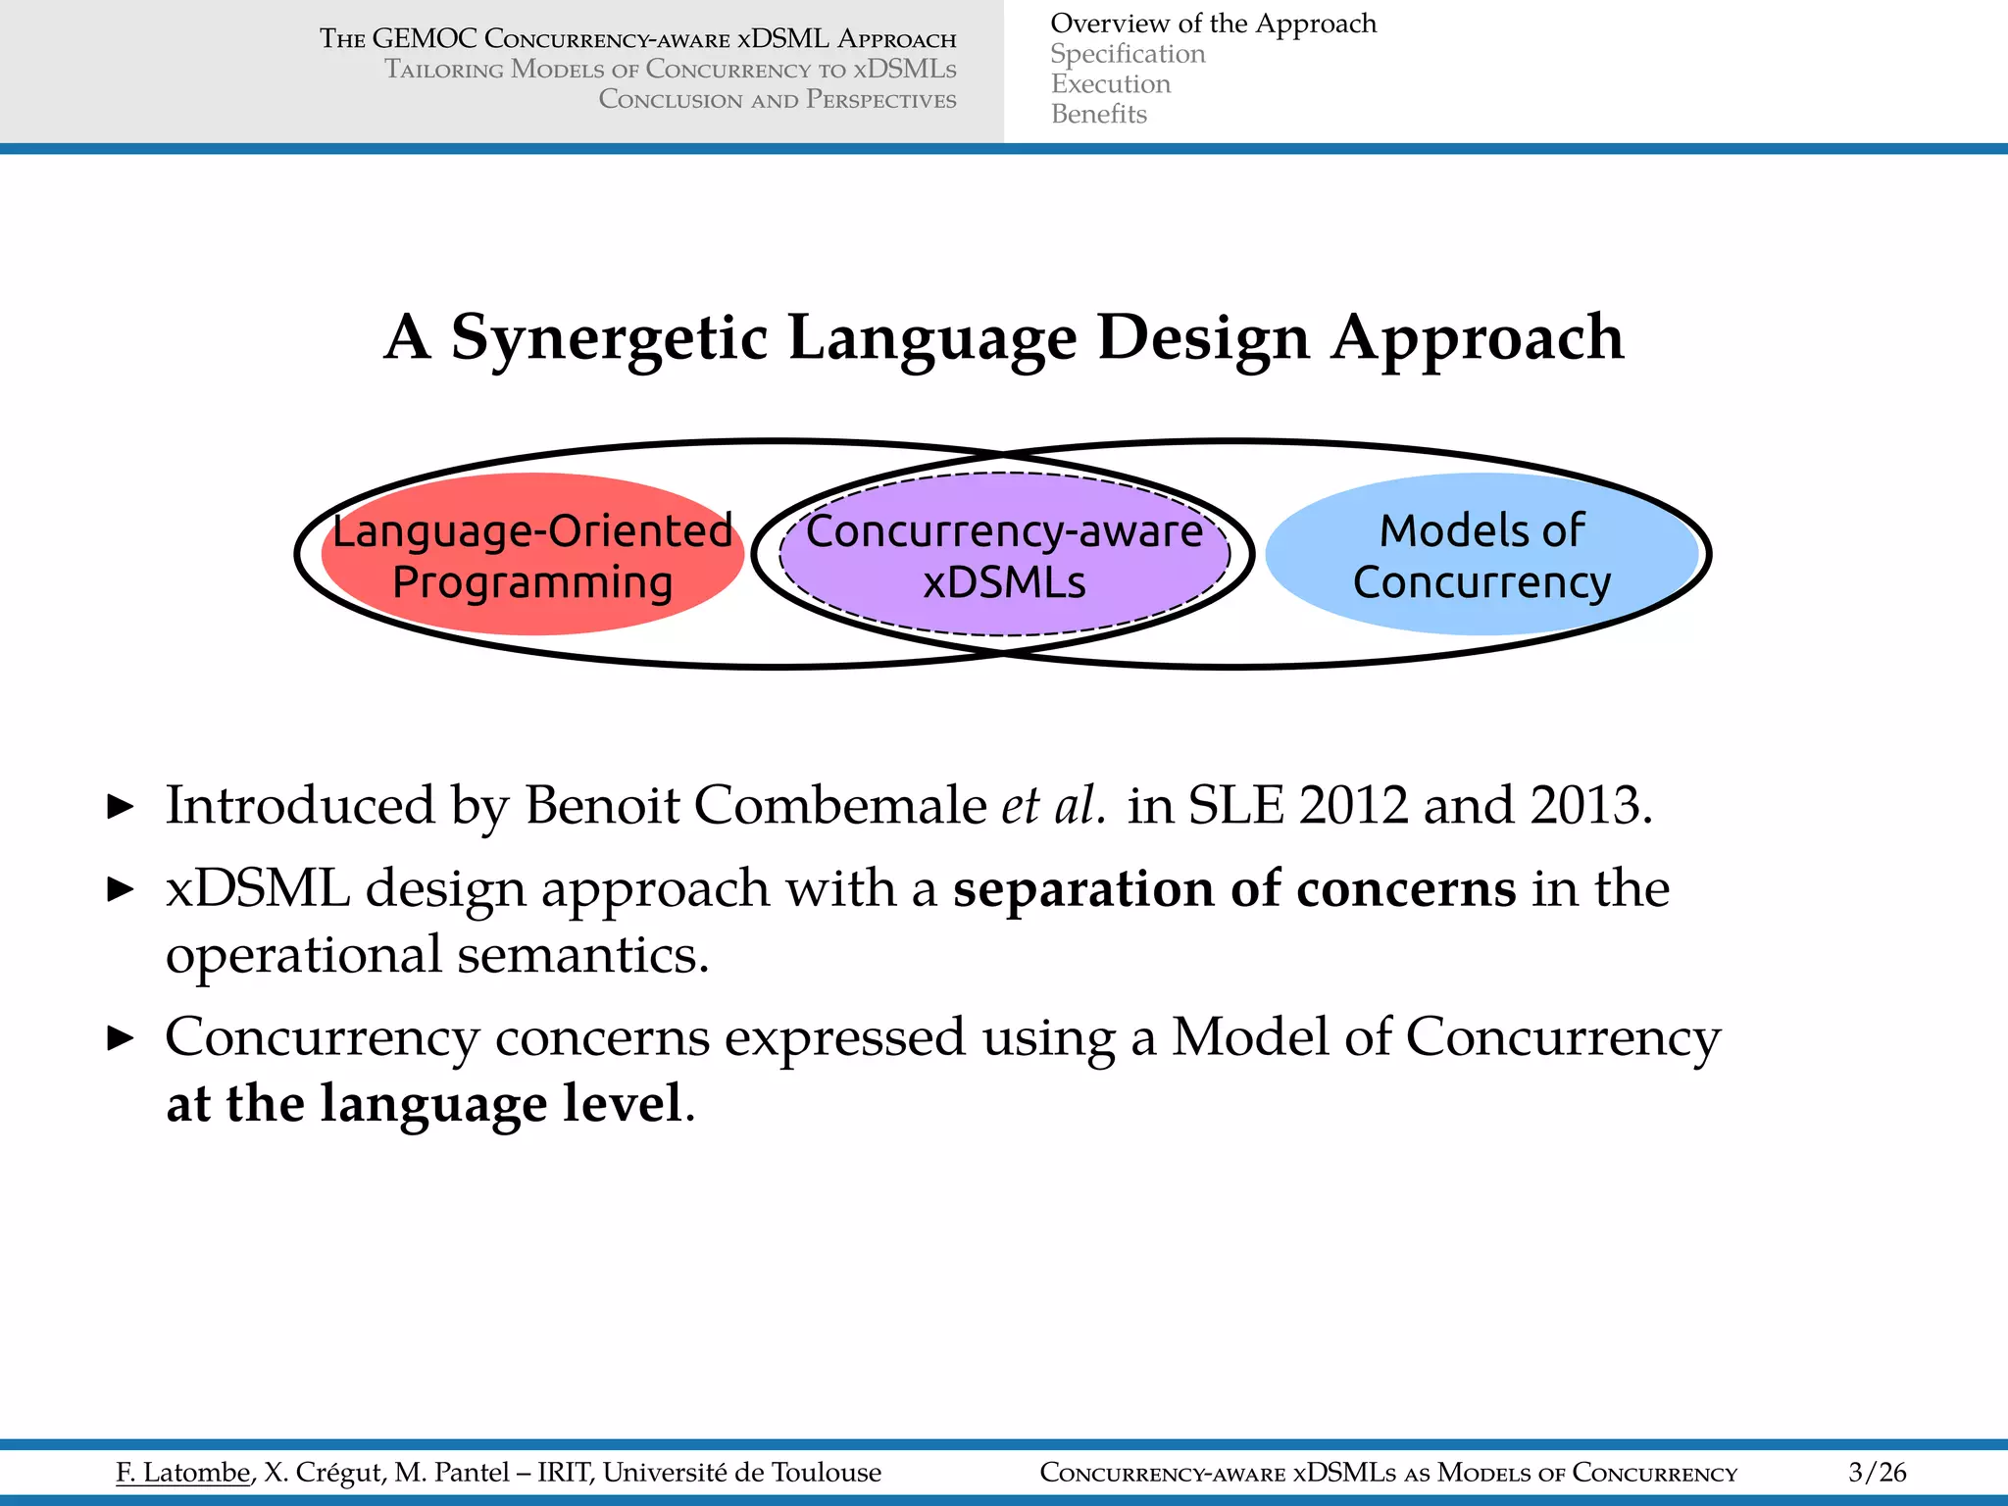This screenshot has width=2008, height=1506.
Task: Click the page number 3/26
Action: coord(1877,1472)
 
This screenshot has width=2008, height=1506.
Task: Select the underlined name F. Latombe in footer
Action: coord(183,1472)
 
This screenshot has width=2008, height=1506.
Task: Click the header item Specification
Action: coord(1128,54)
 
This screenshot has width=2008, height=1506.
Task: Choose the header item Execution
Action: coord(1111,84)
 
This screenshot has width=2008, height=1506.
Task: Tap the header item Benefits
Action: coord(1098,115)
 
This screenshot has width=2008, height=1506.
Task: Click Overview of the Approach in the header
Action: coord(1213,24)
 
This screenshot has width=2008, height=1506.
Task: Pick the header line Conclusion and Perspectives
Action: coord(778,100)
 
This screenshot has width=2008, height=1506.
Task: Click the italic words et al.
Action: coord(1053,806)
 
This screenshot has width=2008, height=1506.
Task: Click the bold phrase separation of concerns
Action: coord(1234,889)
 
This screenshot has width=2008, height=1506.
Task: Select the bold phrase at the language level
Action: coord(424,1104)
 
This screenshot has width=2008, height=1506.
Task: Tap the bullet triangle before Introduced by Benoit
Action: coord(120,807)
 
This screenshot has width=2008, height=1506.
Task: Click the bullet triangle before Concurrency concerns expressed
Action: coord(120,1037)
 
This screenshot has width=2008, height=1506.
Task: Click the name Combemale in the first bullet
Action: coord(840,806)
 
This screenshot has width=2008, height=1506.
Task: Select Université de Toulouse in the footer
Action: coord(741,1472)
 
